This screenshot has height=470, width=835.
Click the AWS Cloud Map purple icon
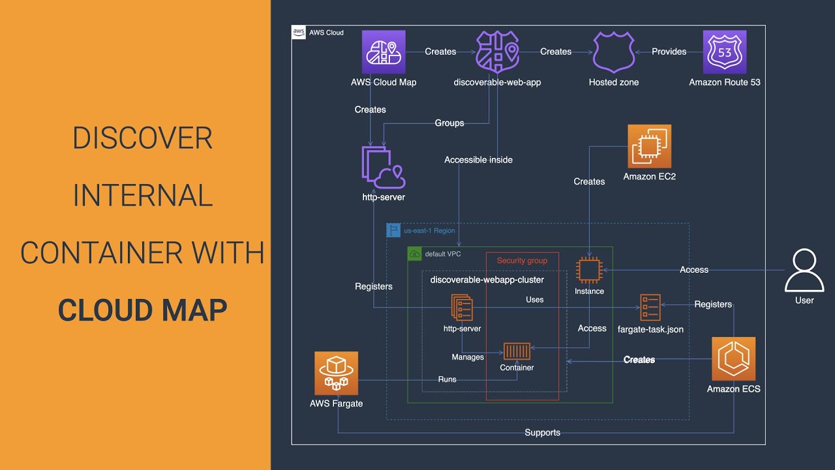(x=384, y=52)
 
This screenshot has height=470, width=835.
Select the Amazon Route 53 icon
(x=724, y=52)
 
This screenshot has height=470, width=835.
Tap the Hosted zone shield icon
(x=613, y=52)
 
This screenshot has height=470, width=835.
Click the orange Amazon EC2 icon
(x=649, y=146)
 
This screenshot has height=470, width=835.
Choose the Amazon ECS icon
(x=733, y=359)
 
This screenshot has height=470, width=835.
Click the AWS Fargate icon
(x=336, y=373)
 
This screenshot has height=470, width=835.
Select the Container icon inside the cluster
(x=517, y=351)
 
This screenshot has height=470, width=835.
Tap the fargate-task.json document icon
(x=650, y=307)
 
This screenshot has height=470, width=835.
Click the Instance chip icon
(x=589, y=270)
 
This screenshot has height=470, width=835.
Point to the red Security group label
(x=522, y=260)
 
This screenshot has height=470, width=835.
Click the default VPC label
(x=443, y=254)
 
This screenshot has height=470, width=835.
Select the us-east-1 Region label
(x=429, y=230)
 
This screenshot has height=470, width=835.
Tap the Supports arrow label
(x=542, y=432)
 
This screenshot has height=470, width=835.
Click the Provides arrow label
(x=669, y=52)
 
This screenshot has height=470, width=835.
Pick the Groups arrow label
(x=449, y=123)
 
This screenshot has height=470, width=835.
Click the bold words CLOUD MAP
(x=142, y=310)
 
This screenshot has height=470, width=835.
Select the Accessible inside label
(x=478, y=160)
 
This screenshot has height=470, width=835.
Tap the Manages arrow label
(x=468, y=357)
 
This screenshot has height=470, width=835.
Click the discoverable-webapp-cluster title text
(x=487, y=280)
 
